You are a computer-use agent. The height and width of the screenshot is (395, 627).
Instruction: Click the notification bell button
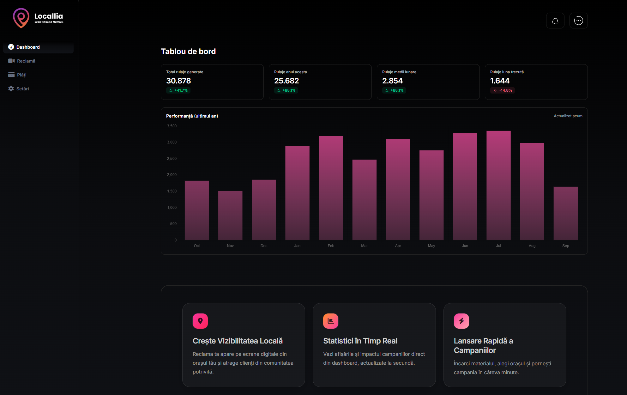click(x=555, y=21)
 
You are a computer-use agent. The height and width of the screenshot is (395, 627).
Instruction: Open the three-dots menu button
click(x=578, y=21)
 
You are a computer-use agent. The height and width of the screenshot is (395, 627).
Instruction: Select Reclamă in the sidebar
click(x=26, y=61)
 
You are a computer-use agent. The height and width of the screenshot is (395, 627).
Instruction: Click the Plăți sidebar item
click(x=21, y=75)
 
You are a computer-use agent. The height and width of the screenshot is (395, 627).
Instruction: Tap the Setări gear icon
click(x=11, y=89)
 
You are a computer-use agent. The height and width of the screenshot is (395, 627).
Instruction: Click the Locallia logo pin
click(x=21, y=18)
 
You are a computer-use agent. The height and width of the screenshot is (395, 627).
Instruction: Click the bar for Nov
click(x=230, y=216)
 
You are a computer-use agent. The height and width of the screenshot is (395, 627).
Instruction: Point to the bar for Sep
click(x=565, y=213)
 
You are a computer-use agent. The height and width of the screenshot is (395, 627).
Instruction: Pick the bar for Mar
click(x=364, y=200)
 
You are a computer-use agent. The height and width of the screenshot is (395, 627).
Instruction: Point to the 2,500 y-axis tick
click(x=172, y=159)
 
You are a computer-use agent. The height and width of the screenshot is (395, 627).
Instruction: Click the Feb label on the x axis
click(x=331, y=246)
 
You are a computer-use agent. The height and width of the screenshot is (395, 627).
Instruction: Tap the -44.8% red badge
click(x=503, y=90)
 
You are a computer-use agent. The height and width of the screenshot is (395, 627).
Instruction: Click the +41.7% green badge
click(x=178, y=90)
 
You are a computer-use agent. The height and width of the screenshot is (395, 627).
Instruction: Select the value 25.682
click(x=286, y=81)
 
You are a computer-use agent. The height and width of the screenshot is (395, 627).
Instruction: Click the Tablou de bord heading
click(x=188, y=52)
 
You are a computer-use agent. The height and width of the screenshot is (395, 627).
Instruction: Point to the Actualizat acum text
click(x=568, y=116)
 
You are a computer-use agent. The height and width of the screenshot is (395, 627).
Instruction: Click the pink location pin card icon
click(x=200, y=321)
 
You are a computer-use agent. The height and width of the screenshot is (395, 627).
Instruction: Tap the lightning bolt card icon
click(x=461, y=321)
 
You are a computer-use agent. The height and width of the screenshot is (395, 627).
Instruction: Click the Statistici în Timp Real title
click(x=360, y=341)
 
